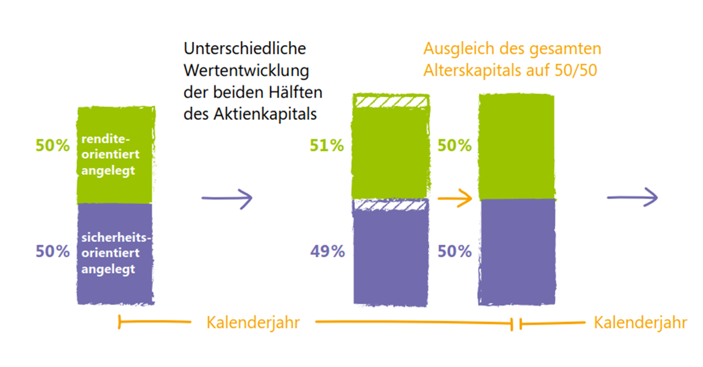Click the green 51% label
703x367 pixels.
tap(327, 146)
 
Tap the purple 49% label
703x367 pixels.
tap(327, 252)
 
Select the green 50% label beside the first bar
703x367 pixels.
tap(53, 146)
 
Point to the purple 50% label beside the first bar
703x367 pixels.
tap(53, 252)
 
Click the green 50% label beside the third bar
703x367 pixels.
tap(455, 146)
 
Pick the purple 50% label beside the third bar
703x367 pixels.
tap(455, 252)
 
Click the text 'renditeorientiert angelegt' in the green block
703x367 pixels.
tap(108, 155)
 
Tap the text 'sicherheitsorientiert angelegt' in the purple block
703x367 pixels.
tap(115, 254)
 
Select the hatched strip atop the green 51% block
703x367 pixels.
tap(390, 102)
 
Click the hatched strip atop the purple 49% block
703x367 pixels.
tap(390, 205)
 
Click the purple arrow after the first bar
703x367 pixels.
tap(226, 198)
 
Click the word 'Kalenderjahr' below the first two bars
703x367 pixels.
tap(253, 322)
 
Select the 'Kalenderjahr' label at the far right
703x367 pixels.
tap(640, 322)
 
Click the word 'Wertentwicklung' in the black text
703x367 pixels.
tap(247, 70)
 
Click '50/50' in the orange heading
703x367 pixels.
tap(581, 71)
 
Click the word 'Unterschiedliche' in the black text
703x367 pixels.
tap(245, 48)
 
